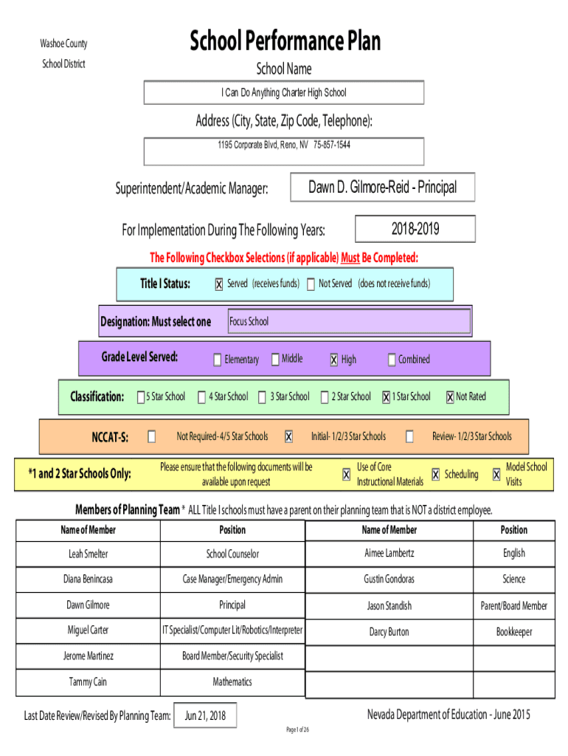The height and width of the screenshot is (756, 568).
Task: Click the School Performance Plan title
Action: point(285,41)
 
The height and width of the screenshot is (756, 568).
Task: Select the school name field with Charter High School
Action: point(283,93)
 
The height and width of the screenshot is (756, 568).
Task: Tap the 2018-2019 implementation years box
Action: point(415,229)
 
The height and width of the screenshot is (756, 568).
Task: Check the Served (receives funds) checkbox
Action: point(219,284)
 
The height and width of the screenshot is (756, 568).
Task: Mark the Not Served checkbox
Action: point(311,284)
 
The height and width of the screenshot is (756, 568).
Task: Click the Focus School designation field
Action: point(348,322)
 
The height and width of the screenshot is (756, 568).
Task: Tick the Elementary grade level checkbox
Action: point(218,360)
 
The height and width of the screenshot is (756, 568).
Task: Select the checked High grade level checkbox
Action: point(334,360)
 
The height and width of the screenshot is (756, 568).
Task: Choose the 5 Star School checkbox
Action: point(141,397)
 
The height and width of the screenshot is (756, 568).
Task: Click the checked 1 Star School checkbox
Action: point(386,397)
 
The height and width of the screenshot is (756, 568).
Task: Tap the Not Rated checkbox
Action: point(450,397)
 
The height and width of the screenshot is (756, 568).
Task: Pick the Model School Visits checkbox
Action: point(496,475)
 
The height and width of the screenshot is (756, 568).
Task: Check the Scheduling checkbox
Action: point(436,475)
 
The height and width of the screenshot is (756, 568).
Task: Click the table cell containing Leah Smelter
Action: point(88,554)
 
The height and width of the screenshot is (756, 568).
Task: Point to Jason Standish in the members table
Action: point(389,606)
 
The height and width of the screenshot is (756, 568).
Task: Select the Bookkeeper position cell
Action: point(513,632)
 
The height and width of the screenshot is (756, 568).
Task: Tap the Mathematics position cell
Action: point(232,682)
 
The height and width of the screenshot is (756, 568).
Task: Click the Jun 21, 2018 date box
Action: point(206,715)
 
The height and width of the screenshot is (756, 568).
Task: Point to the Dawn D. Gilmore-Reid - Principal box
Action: point(382,188)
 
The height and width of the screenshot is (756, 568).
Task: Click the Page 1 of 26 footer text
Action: point(297,730)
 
